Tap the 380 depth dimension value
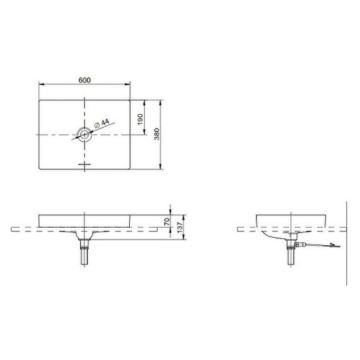point(157,133)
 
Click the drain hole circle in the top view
point(84,134)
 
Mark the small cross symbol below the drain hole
point(84,164)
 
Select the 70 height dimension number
point(167,220)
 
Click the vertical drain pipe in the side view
point(289,254)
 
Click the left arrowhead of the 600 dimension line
point(40,84)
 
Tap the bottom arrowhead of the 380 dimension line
point(161,166)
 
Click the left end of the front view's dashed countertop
point(12,230)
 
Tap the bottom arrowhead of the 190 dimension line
point(145,132)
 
